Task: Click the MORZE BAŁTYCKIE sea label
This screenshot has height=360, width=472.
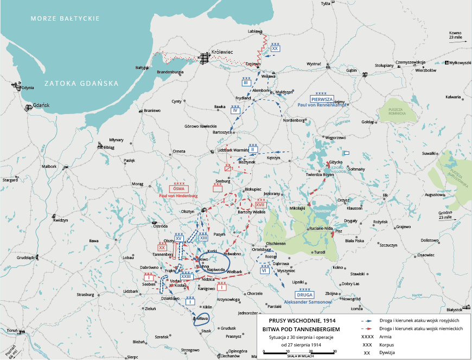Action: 65,18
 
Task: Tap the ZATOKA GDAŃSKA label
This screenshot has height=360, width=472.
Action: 81,84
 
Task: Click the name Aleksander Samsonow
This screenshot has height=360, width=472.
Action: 308,301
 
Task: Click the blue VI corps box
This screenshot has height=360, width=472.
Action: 265,270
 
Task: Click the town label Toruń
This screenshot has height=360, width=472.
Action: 12,330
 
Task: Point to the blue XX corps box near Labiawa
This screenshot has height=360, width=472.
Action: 275,48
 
